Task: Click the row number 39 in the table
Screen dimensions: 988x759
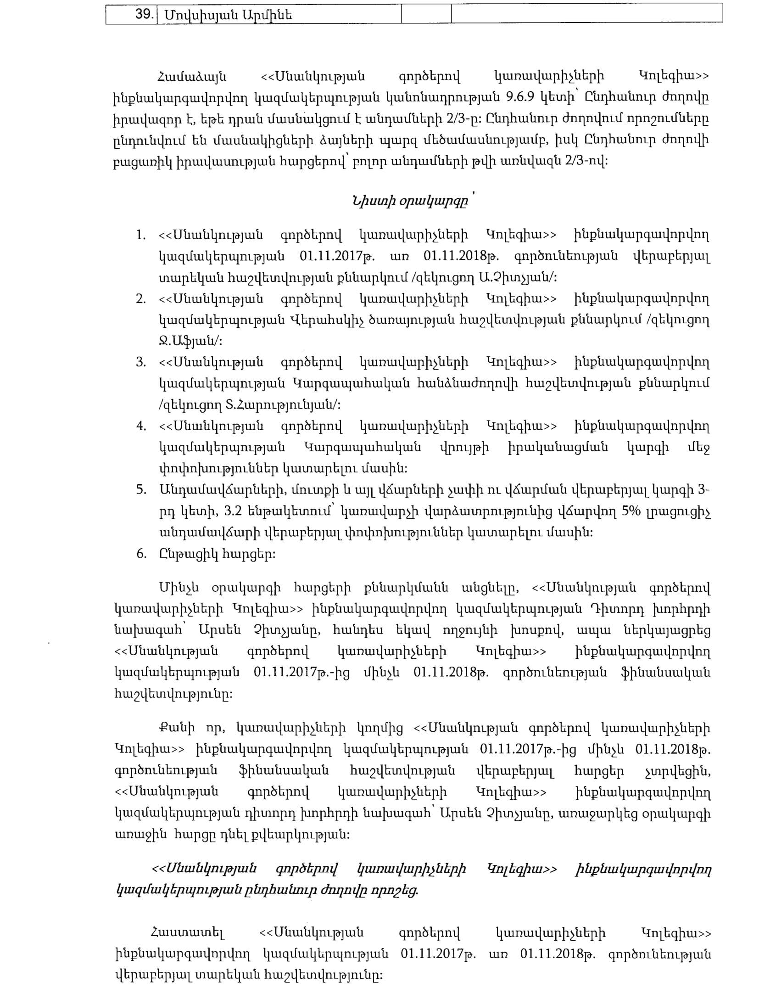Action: (x=144, y=15)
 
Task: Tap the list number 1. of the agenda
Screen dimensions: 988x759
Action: (x=141, y=236)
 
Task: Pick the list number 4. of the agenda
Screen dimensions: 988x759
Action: (x=141, y=426)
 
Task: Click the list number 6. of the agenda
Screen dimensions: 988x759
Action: (x=141, y=553)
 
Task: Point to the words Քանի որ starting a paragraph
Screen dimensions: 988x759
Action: (x=192, y=728)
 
